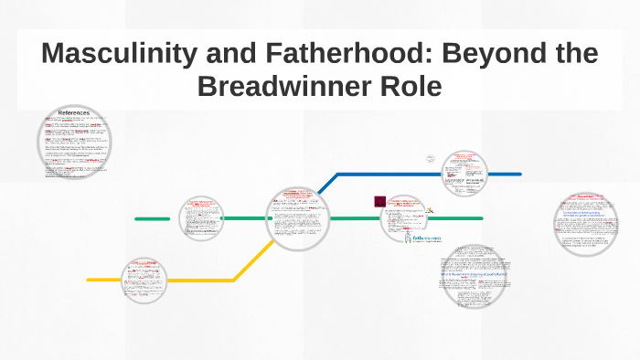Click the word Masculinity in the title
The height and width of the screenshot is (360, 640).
[123, 54]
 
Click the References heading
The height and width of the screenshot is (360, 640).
[74, 112]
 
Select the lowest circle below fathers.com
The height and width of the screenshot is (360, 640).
[473, 277]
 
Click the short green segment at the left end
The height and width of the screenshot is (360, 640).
[152, 219]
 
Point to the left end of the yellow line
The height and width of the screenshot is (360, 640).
[90, 280]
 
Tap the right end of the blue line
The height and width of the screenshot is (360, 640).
[518, 174]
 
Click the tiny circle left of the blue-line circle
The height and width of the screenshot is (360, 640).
[430, 158]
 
